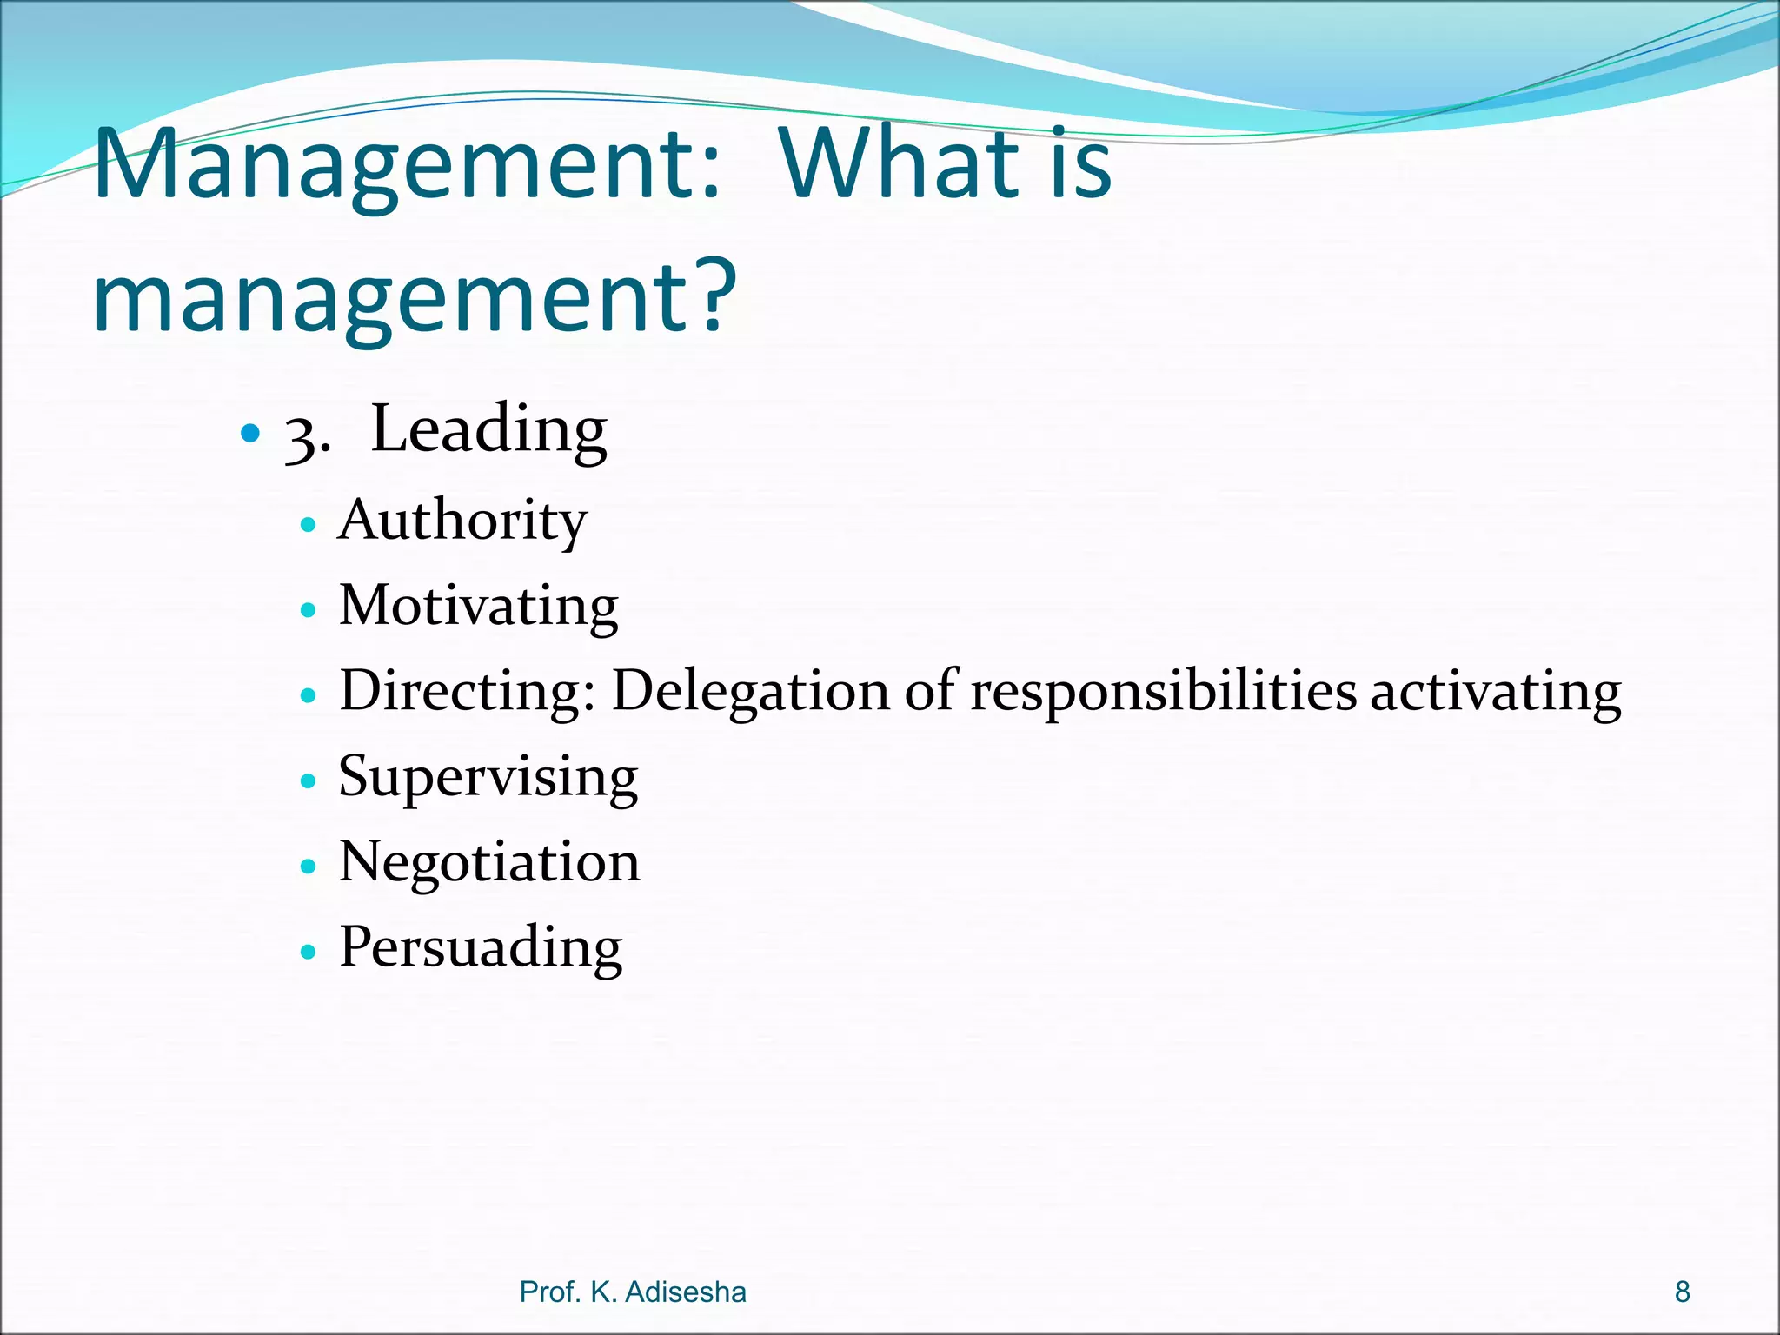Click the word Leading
488,430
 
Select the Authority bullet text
463,521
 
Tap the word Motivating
478,606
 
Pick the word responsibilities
1163,692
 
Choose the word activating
1496,692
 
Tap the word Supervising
488,776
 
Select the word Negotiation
489,862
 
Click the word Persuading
481,947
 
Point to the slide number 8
1683,1292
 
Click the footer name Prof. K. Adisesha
633,1292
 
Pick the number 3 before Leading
301,435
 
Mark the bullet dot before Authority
308,525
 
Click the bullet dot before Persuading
308,952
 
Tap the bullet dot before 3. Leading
250,432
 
